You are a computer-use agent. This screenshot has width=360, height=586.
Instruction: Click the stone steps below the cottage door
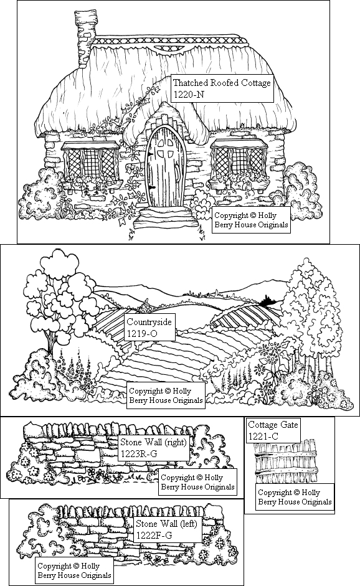pyautogui.click(x=164, y=218)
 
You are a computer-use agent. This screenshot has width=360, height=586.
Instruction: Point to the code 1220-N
pyautogui.click(x=189, y=95)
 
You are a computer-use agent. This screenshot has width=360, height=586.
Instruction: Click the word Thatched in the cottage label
pyautogui.click(x=190, y=83)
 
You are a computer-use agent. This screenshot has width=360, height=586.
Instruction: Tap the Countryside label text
pyautogui.click(x=149, y=322)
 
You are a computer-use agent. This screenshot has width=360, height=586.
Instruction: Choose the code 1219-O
pyautogui.click(x=142, y=334)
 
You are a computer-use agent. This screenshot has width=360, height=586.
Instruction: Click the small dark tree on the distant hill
pyautogui.click(x=267, y=300)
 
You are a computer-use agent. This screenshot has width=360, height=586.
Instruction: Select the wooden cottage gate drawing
pyautogui.click(x=286, y=463)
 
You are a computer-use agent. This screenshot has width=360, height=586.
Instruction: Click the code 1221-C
pyautogui.click(x=263, y=436)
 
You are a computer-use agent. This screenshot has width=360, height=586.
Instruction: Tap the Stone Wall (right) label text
pyautogui.click(x=153, y=442)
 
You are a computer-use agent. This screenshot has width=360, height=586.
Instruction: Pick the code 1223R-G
pyautogui.click(x=138, y=454)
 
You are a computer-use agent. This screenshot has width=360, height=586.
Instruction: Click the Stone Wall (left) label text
pyautogui.click(x=166, y=523)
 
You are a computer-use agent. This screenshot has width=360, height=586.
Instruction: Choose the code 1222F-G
pyautogui.click(x=154, y=535)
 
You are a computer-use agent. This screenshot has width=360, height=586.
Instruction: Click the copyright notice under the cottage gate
pyautogui.click(x=295, y=497)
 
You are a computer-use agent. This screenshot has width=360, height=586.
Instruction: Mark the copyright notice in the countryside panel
pyautogui.click(x=166, y=396)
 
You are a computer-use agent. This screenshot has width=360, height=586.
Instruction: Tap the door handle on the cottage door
pyautogui.click(x=151, y=187)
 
